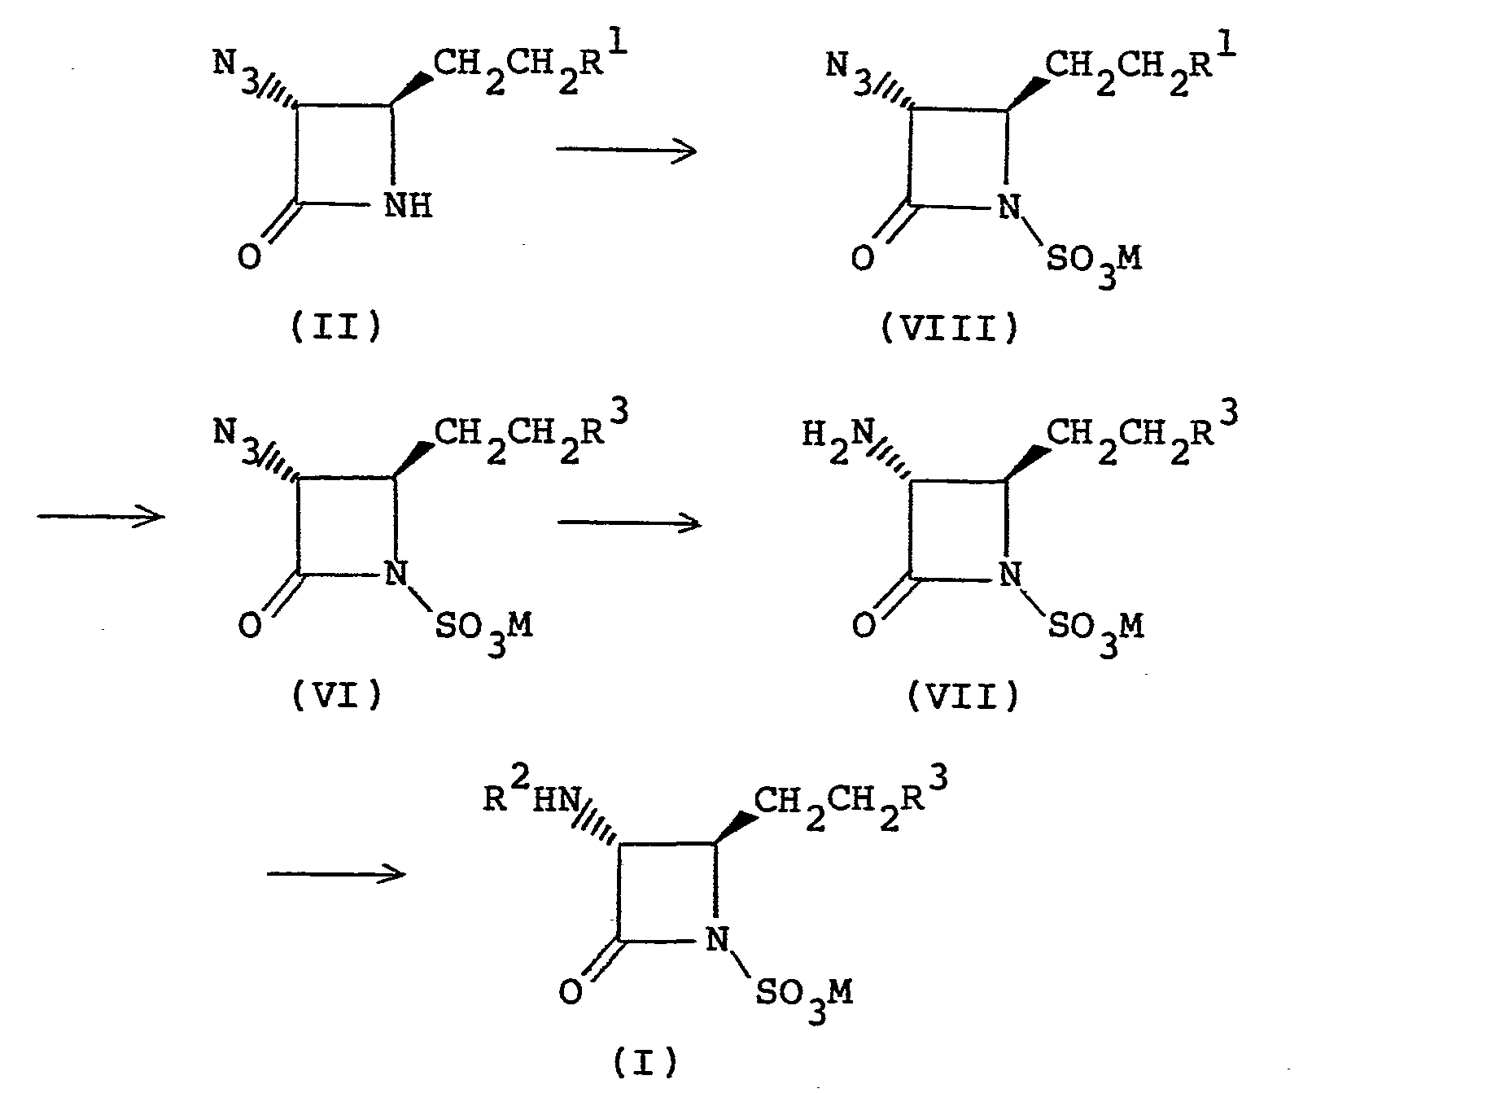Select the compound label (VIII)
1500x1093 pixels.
coord(950,330)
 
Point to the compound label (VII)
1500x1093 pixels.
coord(963,696)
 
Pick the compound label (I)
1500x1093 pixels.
coord(644,1061)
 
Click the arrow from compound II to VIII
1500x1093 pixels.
coord(626,150)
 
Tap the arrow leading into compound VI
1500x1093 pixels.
coord(101,516)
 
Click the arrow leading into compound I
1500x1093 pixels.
coord(336,874)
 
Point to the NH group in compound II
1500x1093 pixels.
coord(408,206)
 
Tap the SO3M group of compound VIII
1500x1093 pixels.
coord(1094,262)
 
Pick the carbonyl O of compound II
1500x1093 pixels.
coord(249,258)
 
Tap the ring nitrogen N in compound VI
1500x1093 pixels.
coord(395,575)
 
